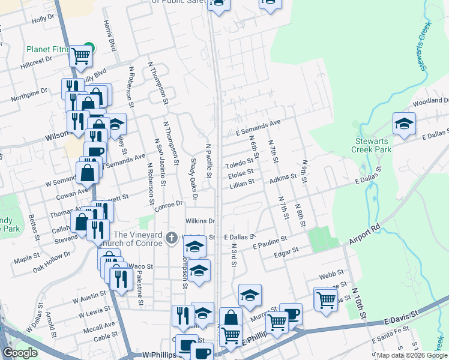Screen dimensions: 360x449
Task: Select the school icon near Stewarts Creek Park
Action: [404, 124]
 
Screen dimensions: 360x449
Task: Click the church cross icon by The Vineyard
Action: [172, 238]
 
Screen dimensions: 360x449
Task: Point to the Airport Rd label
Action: [364, 234]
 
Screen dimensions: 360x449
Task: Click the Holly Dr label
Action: [43, 19]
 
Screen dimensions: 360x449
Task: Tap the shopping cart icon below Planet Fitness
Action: [80, 57]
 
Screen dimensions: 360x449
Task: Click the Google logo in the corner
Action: [20, 353]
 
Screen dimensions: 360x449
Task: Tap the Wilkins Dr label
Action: [200, 221]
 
